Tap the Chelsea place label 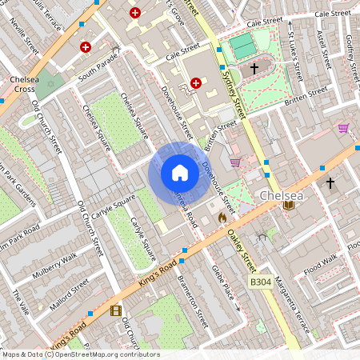280,195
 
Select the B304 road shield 259,282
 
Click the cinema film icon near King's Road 117,311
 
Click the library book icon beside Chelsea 289,206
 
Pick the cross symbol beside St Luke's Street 254,70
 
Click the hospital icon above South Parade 86,47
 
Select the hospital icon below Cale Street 196,82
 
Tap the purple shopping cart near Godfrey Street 343,127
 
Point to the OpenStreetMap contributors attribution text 80,354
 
